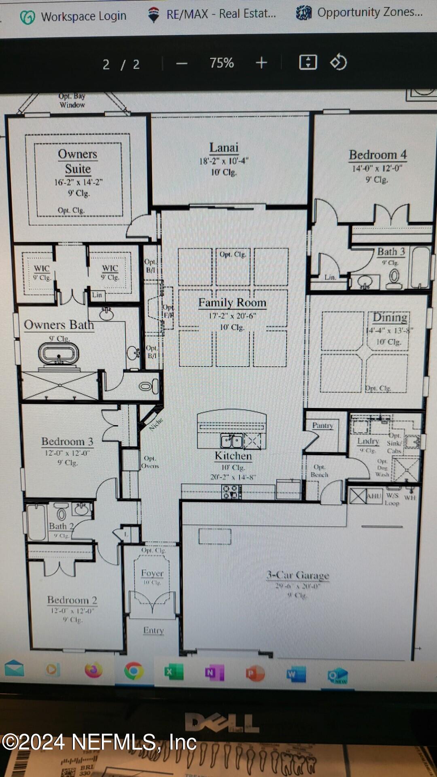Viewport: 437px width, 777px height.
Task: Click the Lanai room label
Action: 224,148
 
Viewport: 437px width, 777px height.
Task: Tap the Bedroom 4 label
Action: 378,155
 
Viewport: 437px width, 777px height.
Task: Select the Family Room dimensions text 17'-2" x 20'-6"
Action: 232,316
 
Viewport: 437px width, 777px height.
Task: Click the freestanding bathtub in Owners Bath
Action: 59,354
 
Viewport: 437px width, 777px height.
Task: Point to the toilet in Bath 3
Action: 394,278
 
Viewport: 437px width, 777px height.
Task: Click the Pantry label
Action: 322,425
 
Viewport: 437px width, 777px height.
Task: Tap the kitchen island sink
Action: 231,441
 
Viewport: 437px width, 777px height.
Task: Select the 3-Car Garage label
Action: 298,575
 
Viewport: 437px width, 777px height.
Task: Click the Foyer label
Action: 152,573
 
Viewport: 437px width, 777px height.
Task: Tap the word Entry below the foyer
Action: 153,630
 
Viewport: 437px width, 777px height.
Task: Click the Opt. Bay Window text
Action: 72,100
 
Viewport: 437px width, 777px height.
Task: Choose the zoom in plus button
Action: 261,63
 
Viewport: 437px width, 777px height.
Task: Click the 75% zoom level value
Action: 221,63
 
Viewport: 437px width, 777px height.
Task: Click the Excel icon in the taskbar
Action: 174,672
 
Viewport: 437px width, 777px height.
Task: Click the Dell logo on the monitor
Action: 222,722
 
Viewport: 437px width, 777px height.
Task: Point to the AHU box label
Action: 373,496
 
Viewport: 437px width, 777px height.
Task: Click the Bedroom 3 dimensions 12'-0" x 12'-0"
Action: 67,453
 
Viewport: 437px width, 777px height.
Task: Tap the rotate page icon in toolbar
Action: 338,62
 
